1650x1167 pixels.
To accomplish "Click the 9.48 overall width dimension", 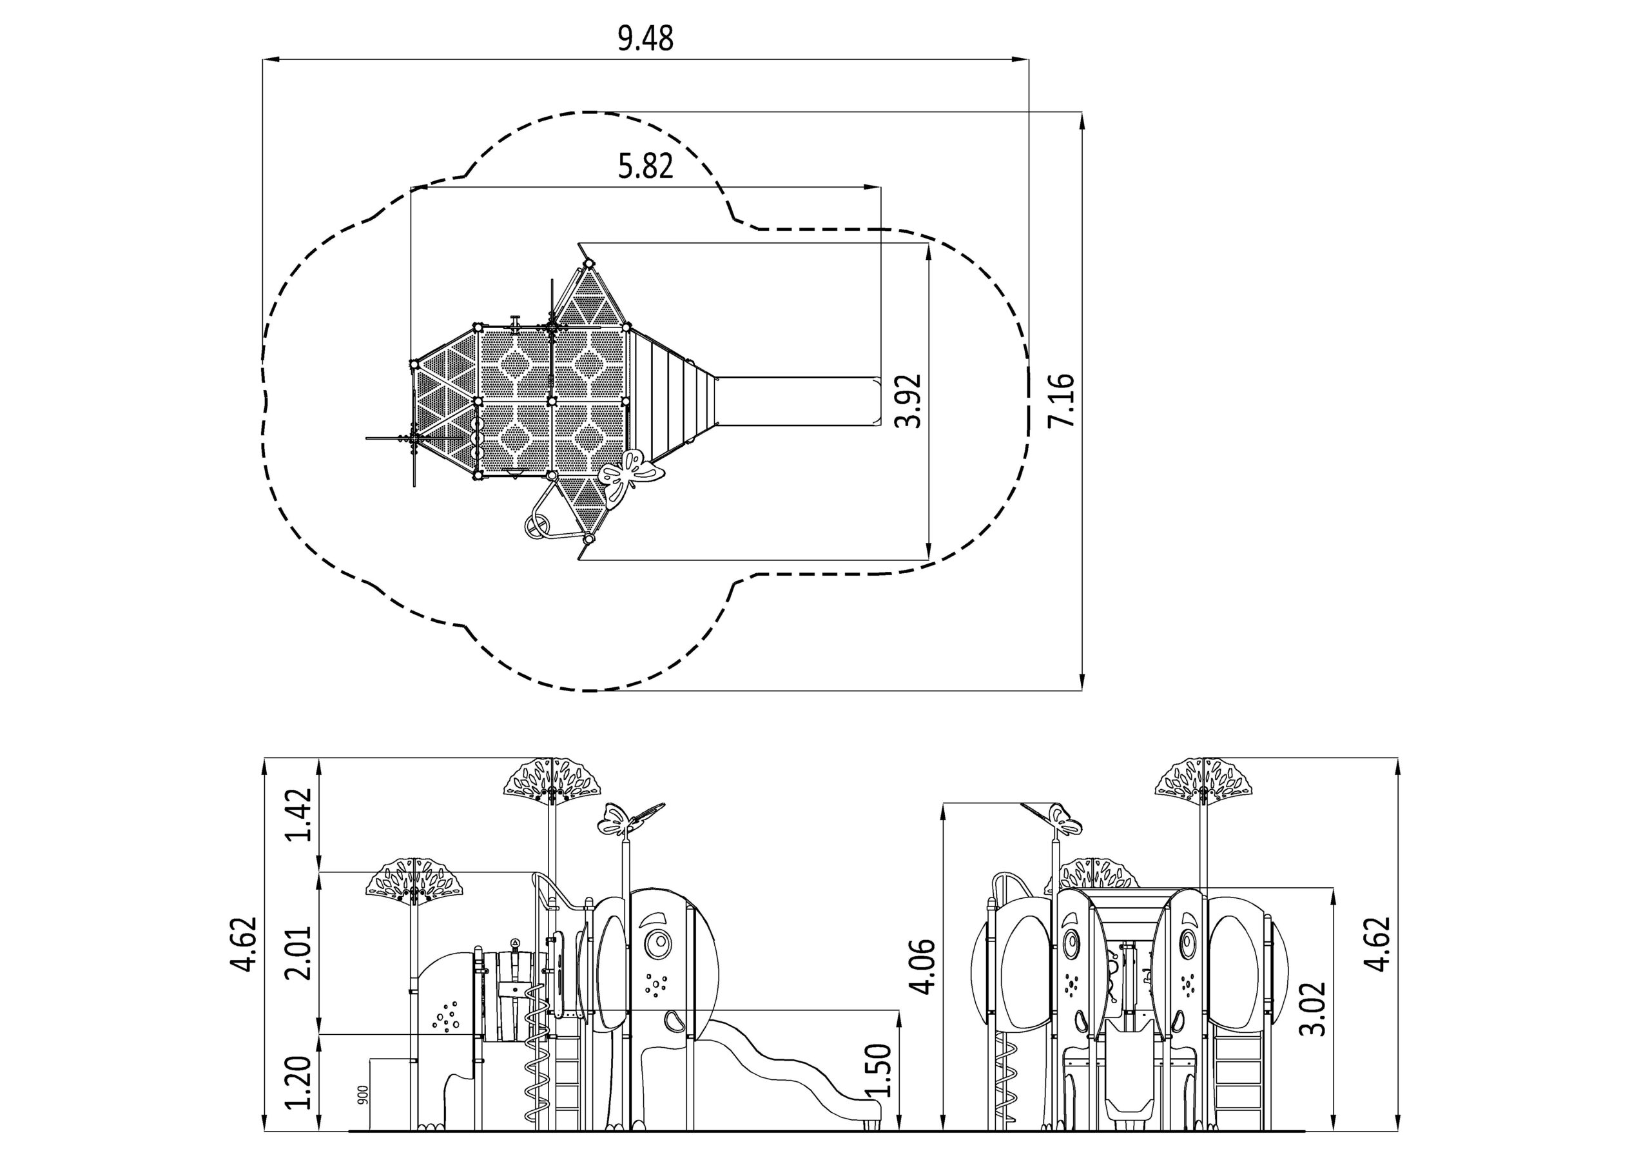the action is click(645, 39).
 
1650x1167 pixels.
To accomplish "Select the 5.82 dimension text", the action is click(645, 166).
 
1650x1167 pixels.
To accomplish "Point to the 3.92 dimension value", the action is click(909, 400).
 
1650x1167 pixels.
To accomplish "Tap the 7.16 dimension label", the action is click(1061, 400).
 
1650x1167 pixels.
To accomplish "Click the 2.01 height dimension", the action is click(299, 952).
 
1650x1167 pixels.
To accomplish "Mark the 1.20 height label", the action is click(299, 1083).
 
